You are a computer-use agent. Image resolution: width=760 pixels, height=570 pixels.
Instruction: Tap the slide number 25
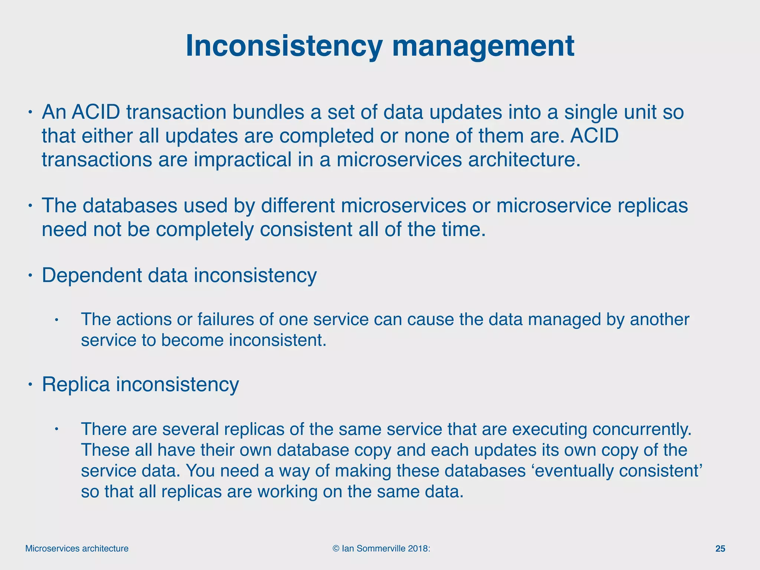720,548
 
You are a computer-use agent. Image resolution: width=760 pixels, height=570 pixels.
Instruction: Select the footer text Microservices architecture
77,548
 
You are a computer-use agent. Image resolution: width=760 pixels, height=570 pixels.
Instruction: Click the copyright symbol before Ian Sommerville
336,548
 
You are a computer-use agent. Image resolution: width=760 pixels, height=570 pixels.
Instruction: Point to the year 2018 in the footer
419,548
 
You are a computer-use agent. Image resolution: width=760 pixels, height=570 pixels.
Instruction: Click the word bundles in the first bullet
268,112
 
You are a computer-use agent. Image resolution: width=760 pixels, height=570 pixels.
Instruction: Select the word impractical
242,160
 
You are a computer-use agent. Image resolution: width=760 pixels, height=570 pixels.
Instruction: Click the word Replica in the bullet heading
76,384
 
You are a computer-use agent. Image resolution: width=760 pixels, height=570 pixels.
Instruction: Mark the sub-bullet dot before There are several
56,429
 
